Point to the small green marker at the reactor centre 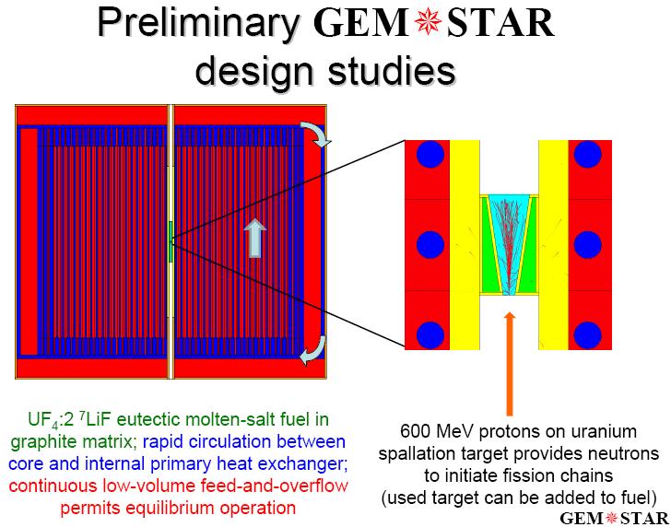pyautogui.click(x=171, y=241)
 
